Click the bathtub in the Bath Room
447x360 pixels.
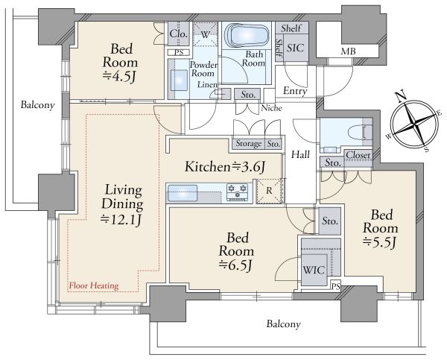[247, 35]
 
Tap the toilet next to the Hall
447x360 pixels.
[361, 133]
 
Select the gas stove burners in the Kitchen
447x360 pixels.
[237, 192]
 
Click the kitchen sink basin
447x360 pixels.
[183, 193]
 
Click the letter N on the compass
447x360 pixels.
[402, 96]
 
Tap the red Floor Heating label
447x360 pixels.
[94, 285]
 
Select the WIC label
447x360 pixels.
[314, 270]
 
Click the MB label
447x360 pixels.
[349, 51]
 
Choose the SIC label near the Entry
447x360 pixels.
[295, 48]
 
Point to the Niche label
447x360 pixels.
[272, 108]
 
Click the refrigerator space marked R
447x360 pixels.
[269, 191]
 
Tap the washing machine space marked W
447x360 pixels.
[205, 35]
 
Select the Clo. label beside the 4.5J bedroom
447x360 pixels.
[179, 34]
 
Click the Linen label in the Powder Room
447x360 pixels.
[208, 84]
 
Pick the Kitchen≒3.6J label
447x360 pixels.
[225, 167]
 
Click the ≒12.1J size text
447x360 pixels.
[121, 219]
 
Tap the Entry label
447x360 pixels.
[295, 91]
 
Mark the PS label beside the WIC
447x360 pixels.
[336, 287]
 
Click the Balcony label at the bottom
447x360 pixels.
[284, 324]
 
